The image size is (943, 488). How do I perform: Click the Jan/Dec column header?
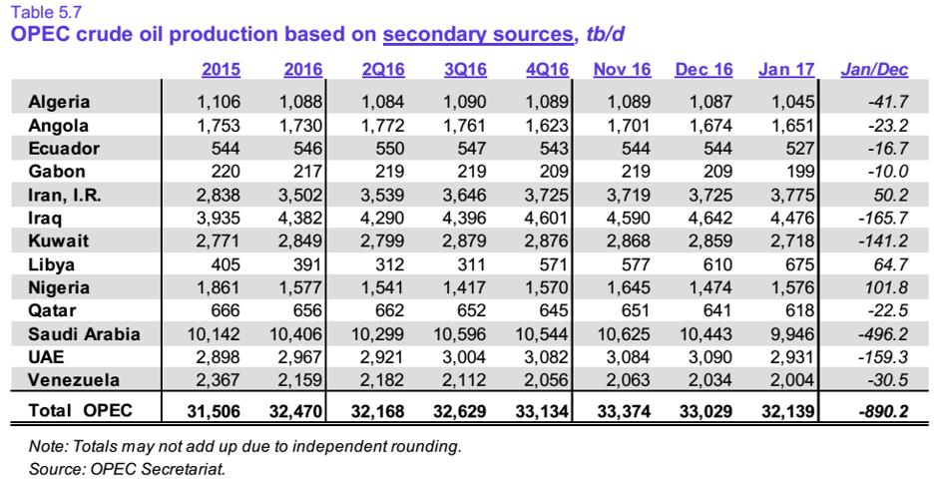874,70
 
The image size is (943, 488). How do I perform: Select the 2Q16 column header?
383,70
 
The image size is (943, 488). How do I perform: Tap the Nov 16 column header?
622,70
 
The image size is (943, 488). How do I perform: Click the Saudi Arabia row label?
84,334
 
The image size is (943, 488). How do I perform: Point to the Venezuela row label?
74,380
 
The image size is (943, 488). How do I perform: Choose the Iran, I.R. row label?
65,195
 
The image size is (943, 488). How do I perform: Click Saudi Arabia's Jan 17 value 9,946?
791,334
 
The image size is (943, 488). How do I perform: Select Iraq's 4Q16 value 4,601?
546,218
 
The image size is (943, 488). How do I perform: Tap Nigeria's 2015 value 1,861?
218,287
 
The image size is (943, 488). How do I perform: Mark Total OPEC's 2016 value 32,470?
295,411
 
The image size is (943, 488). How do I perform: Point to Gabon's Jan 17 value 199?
801,172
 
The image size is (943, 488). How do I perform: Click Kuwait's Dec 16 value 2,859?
710,242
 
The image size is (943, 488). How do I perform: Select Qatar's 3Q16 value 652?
472,310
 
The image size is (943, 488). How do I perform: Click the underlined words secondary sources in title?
478,34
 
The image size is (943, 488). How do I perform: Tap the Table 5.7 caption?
46,12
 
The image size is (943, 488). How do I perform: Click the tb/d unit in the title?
605,34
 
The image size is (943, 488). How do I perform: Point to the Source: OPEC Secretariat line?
127,469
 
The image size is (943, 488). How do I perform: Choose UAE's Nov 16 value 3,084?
629,357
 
